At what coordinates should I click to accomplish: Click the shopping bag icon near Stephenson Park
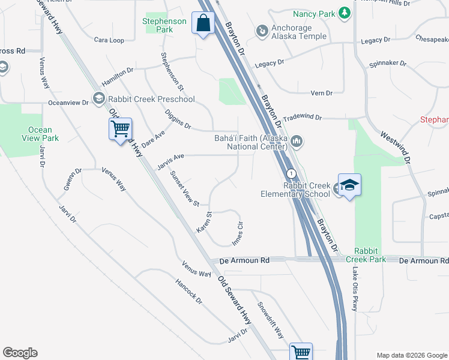pyautogui.click(x=204, y=24)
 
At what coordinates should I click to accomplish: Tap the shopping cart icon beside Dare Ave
pyautogui.click(x=120, y=129)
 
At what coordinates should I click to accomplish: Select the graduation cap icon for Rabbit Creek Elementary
pyautogui.click(x=349, y=185)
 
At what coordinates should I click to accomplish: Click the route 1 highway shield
pyautogui.click(x=291, y=173)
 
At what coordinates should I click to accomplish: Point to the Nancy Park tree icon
pyautogui.click(x=344, y=13)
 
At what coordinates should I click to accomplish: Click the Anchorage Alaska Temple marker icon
pyautogui.click(x=262, y=30)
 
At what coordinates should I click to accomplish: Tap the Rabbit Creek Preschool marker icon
pyautogui.click(x=98, y=98)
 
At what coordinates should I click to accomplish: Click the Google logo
pyautogui.click(x=20, y=353)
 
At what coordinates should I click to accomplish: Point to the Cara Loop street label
pyautogui.click(x=109, y=40)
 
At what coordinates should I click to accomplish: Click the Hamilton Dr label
pyautogui.click(x=117, y=76)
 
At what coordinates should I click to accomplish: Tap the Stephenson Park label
pyautogui.click(x=165, y=25)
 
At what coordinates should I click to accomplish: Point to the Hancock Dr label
pyautogui.click(x=188, y=291)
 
